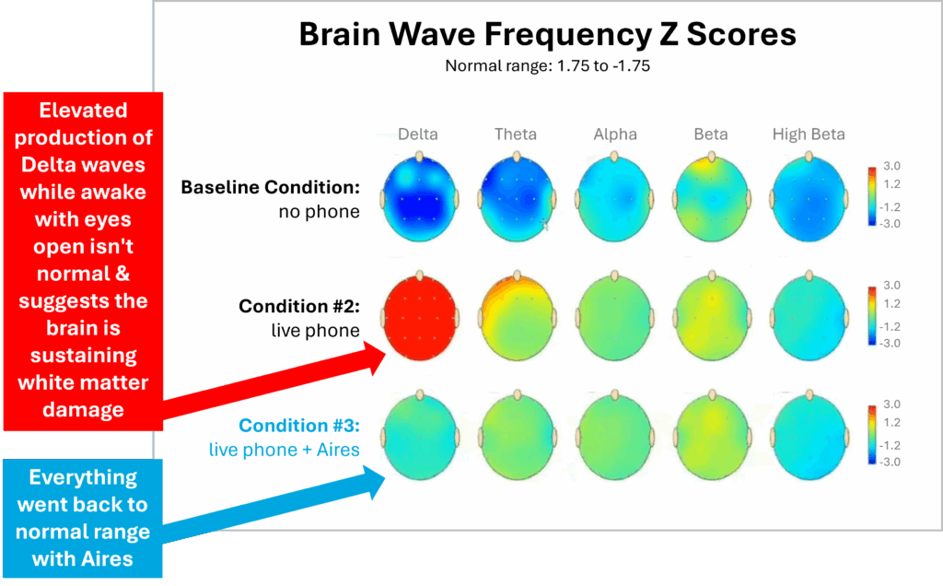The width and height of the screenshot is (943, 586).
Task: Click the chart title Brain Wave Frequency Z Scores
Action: coord(547,34)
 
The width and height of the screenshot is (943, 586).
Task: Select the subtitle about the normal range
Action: coord(547,65)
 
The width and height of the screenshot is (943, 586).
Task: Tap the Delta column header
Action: coord(418,135)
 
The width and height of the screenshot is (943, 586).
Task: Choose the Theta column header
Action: coord(516,135)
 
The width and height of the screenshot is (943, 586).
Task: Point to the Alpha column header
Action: coord(615,135)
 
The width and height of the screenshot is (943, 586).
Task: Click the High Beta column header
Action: coord(809,135)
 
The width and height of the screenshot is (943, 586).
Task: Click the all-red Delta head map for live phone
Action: coord(419,316)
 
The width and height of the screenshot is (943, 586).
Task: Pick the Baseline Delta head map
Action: coord(419,198)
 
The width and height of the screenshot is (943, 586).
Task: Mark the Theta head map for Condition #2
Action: coord(517,316)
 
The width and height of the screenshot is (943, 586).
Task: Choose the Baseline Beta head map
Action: coord(712,198)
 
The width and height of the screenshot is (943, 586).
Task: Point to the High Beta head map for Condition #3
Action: coord(809,436)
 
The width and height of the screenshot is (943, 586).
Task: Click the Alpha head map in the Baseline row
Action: coord(614,198)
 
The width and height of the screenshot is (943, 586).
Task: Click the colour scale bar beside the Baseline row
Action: coord(872,196)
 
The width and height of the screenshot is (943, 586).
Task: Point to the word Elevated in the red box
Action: coord(83,111)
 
